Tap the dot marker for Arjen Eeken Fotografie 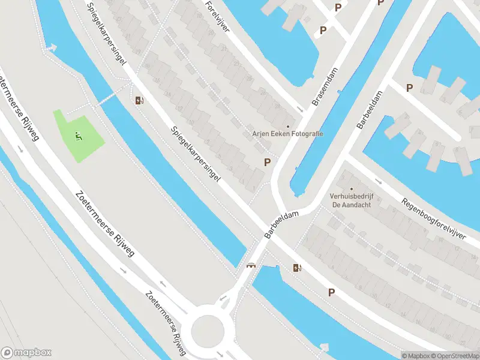[x=287, y=126]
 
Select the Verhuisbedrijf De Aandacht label [x=351, y=200]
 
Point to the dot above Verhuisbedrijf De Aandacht [x=352, y=190]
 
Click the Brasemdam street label [x=325, y=88]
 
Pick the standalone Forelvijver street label [x=217, y=16]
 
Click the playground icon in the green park [x=78, y=137]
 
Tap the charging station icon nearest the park [x=139, y=100]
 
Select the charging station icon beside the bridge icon [x=296, y=268]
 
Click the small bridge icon [x=251, y=265]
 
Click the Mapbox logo [x=26, y=352]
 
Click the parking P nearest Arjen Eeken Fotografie [x=267, y=162]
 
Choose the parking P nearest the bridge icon [x=331, y=292]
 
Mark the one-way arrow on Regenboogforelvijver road [x=378, y=181]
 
